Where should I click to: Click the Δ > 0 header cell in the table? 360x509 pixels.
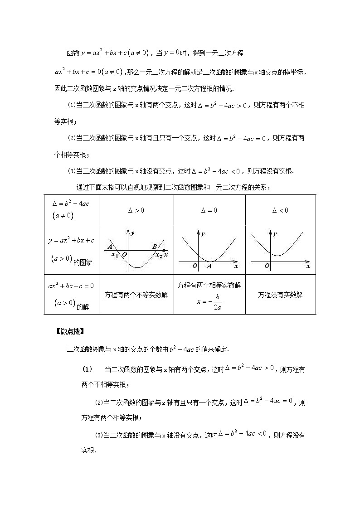tap(136, 210)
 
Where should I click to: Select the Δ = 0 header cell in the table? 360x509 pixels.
tap(209, 210)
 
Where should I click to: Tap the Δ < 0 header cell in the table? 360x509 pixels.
tap(280, 210)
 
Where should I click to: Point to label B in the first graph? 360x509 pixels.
tap(155, 247)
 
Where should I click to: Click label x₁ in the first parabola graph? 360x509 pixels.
tap(114, 255)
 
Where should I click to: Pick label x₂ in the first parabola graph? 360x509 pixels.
tap(159, 255)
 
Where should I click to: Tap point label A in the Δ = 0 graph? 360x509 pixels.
tap(209, 266)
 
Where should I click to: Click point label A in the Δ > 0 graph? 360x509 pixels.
tap(110, 247)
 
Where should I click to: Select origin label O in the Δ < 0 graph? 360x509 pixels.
tap(267, 266)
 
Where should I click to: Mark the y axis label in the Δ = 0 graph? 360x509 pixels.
tap(203, 234)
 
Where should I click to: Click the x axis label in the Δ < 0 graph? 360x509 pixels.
tap(308, 266)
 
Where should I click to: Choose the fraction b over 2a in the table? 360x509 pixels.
tap(218, 302)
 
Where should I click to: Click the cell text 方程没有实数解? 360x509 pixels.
tap(280, 295)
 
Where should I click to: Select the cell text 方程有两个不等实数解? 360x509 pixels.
tap(136, 295)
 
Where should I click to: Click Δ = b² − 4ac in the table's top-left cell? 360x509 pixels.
tap(71, 203)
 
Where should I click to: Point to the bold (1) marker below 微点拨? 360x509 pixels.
tap(87, 369)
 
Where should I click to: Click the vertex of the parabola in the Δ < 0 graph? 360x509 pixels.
tap(280, 255)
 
